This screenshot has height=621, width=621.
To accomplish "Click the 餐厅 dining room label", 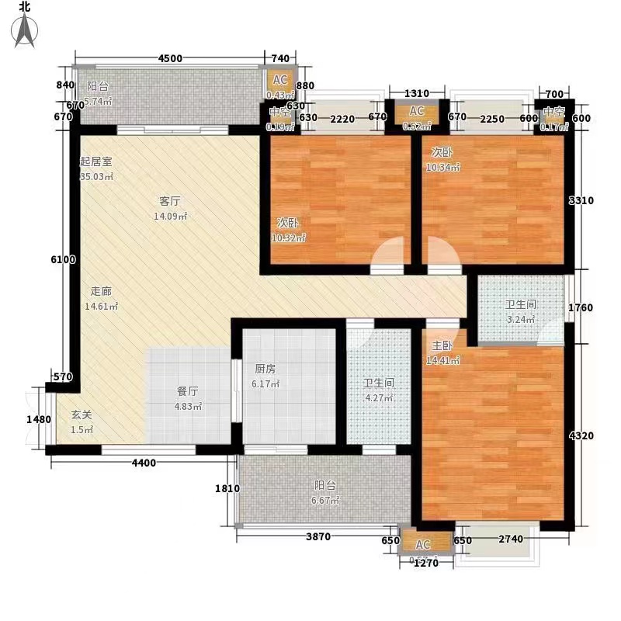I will [185, 392].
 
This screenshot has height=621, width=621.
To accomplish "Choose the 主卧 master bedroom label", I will [442, 346].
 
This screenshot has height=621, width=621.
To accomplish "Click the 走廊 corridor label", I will [102, 292].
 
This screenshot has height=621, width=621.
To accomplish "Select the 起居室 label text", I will [97, 162].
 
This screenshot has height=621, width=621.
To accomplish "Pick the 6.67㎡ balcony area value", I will [326, 501].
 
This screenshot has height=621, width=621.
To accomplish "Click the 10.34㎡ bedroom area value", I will [443, 167].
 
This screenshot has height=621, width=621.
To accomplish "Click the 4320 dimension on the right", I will [581, 435].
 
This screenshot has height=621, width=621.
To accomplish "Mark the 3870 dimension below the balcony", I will [317, 537].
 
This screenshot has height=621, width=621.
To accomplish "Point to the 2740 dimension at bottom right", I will [512, 539].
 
